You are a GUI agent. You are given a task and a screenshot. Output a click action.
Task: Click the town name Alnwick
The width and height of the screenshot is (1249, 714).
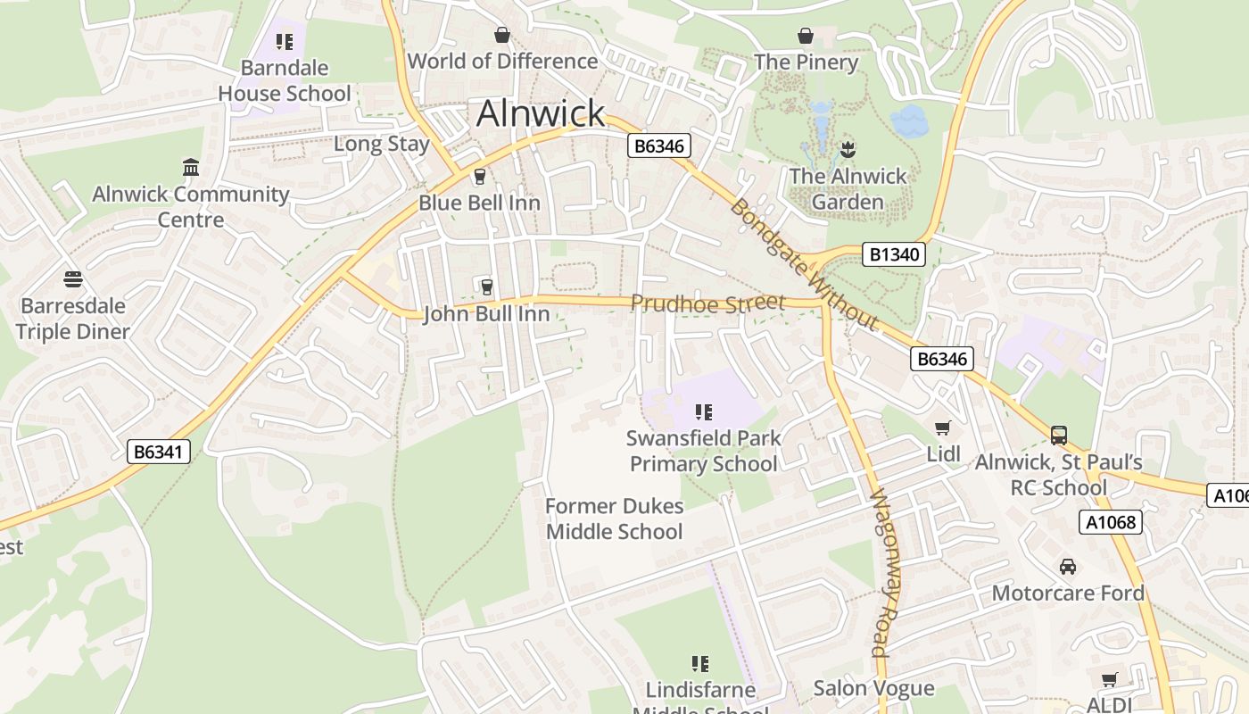[541, 113]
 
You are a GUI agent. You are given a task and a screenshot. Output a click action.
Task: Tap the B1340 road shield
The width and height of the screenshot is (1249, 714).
[894, 254]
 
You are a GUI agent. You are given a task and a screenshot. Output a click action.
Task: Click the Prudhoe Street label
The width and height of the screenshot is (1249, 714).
[707, 303]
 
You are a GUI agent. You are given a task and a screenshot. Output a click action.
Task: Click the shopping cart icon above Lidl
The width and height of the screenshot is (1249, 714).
[943, 428]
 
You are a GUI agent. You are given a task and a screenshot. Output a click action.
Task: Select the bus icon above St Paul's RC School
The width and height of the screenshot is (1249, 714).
[1059, 436]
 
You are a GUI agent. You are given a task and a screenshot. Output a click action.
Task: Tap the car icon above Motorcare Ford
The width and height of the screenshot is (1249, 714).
[1068, 567]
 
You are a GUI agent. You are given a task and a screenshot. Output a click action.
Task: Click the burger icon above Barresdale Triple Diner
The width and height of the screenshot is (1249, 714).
[73, 279]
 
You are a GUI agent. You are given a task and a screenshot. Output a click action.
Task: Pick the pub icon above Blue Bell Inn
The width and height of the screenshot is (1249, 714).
[480, 177]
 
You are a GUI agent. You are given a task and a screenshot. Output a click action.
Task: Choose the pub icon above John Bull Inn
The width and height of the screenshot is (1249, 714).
[486, 286]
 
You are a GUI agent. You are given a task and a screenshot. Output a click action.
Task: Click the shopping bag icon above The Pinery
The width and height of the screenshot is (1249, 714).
[806, 36]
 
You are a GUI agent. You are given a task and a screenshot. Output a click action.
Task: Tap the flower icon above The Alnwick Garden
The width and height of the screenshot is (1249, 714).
[848, 149]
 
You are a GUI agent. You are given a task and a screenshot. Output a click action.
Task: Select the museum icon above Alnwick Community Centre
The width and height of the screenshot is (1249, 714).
[191, 167]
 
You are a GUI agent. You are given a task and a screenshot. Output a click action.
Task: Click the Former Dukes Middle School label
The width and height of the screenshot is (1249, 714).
[614, 519]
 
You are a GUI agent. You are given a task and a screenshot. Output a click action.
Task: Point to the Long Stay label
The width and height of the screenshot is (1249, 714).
[382, 144]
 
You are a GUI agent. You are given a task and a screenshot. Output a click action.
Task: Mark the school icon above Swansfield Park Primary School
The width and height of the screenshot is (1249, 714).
[704, 411]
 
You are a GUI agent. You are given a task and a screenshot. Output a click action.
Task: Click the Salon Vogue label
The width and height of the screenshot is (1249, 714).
[873, 688]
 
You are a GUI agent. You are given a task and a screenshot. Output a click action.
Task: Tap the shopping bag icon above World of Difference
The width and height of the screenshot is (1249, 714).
[502, 35]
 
